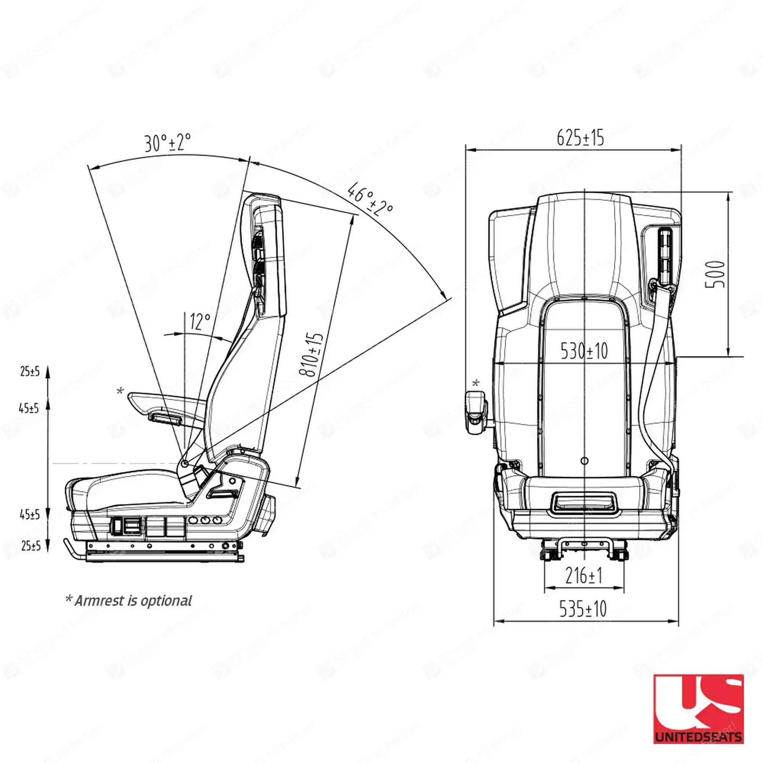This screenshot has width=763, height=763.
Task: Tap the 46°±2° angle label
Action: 370,199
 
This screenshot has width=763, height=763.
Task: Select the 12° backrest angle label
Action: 200,322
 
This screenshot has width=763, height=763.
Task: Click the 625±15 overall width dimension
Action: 580,138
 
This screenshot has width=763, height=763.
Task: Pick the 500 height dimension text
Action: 715,274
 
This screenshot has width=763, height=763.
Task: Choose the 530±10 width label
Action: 584,351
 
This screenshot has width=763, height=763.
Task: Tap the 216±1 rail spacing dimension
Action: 584,575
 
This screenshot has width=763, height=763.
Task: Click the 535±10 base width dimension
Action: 583,608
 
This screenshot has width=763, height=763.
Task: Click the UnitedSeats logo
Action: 698,708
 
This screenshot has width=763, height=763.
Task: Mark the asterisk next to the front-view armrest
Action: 476,383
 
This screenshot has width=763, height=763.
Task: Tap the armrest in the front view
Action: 476,412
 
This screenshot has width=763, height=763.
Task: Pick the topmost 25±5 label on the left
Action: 30,371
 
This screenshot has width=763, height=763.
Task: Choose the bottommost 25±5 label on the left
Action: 31,546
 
